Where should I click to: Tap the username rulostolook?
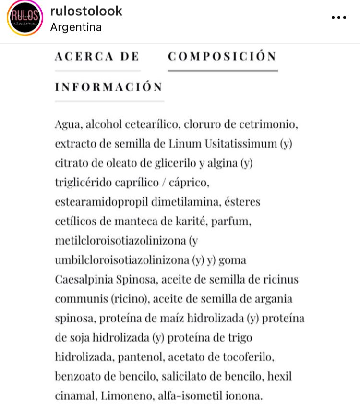click(86, 11)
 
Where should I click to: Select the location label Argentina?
click(76, 27)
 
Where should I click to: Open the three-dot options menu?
click(338, 18)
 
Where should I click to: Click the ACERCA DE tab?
click(97, 56)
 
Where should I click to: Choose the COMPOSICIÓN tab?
click(222, 56)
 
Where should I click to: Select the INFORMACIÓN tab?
click(109, 87)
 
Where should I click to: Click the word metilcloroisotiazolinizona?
click(120, 241)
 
